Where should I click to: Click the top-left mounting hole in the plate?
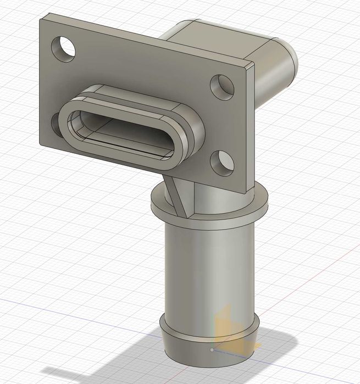[x=64, y=48]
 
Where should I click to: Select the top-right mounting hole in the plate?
[x=222, y=86]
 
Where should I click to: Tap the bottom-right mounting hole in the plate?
[x=223, y=163]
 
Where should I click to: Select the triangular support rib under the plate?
[x=177, y=195]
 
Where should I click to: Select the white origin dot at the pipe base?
[x=212, y=349]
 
